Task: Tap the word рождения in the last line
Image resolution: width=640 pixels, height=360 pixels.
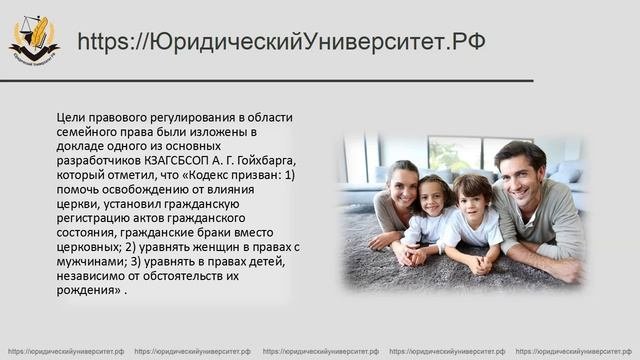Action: [87, 291]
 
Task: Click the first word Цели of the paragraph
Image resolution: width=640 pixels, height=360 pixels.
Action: [73, 117]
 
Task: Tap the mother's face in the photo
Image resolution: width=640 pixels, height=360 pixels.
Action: [402, 185]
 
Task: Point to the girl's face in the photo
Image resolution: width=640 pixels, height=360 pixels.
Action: [434, 196]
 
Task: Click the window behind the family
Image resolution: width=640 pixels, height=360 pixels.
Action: [455, 151]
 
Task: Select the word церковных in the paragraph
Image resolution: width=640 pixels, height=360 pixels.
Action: [92, 248]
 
